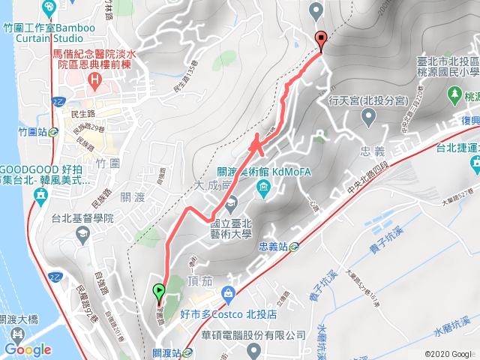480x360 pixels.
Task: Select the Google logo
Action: [28, 349]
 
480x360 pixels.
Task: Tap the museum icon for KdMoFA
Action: [263, 187]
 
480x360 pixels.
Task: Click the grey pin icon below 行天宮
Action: [368, 117]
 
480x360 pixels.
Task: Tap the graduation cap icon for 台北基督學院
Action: [80, 234]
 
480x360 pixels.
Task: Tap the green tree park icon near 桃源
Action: [453, 93]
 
